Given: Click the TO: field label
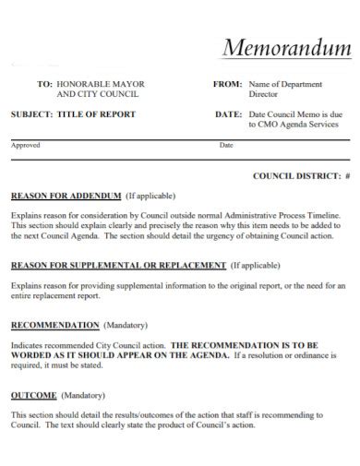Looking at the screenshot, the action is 44,84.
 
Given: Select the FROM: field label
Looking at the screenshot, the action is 227,84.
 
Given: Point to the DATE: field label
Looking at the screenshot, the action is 228,114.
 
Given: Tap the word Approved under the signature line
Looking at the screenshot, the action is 26,145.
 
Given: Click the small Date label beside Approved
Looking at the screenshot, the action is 226,145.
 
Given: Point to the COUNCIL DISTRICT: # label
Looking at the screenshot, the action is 301,174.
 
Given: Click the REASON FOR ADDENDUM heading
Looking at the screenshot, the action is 66,196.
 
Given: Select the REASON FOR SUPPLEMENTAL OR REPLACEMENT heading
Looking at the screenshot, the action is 118,265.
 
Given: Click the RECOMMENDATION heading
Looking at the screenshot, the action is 54,325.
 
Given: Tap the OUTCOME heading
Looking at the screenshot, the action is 34,394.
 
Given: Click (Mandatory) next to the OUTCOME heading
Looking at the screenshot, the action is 84,394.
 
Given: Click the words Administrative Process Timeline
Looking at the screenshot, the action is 272,214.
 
